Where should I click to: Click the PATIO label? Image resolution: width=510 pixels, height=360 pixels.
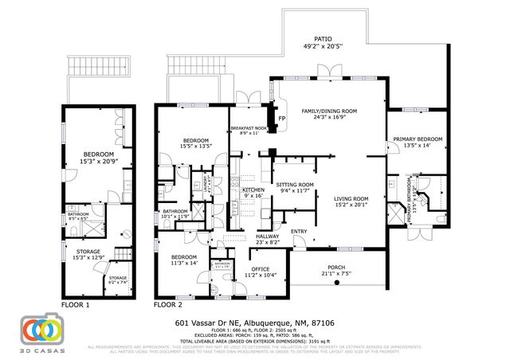point(322,39)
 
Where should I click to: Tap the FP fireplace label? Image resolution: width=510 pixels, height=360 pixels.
point(281,119)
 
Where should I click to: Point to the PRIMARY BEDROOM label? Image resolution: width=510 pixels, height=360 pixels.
point(417,140)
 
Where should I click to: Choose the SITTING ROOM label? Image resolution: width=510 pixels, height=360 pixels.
point(295,185)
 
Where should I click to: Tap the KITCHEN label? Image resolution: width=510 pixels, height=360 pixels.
point(253,190)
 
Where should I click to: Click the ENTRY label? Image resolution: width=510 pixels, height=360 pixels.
point(299,232)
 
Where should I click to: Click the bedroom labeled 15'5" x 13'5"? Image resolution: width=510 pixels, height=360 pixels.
point(195,142)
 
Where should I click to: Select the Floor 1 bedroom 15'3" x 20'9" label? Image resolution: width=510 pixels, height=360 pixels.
point(96,155)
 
